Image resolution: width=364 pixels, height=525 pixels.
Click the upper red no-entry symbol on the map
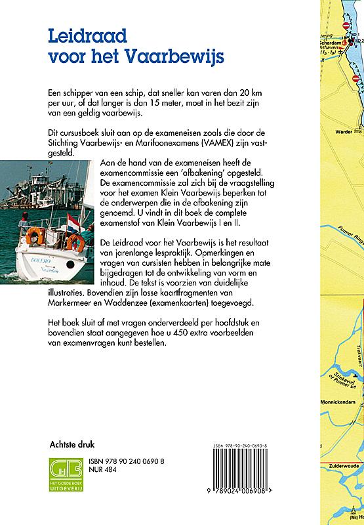coord(347,26)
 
